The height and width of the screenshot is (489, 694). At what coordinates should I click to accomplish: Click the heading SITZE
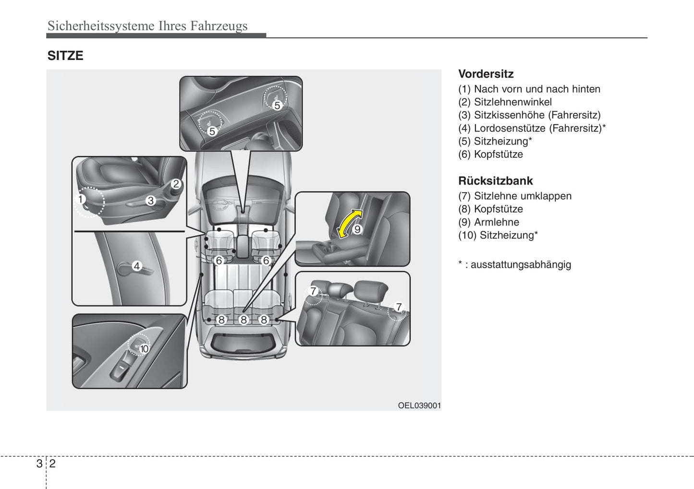(x=65, y=56)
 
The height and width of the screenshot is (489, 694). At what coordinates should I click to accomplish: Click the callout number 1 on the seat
(x=81, y=199)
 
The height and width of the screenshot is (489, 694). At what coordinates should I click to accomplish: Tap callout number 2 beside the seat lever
(x=176, y=184)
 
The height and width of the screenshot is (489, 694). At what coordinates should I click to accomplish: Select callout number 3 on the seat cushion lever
(x=151, y=201)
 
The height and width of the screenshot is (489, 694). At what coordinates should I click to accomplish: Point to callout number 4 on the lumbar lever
(x=137, y=266)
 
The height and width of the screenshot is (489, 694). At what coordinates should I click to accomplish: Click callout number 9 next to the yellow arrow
(x=357, y=229)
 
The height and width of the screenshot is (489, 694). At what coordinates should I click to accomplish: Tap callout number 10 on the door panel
(x=144, y=349)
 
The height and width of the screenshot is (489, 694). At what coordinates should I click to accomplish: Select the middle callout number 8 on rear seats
(x=244, y=320)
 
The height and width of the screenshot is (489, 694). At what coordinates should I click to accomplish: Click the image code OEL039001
(x=419, y=406)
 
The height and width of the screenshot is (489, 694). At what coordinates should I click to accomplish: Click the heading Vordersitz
(x=486, y=74)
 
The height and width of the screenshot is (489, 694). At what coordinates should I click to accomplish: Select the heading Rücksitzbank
(x=495, y=181)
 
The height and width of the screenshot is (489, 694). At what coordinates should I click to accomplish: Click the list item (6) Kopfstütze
(x=490, y=154)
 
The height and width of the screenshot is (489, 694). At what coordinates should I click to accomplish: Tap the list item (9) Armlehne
(x=488, y=222)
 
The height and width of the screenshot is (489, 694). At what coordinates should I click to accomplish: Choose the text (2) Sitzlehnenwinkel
(x=505, y=102)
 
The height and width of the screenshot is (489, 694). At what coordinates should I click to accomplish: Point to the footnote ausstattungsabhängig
(x=520, y=264)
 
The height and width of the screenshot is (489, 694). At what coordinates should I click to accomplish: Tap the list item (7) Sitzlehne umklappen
(x=515, y=196)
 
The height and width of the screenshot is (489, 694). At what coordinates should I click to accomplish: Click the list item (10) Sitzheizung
(x=498, y=235)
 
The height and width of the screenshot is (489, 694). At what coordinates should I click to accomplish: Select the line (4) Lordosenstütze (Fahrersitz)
(x=532, y=128)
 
